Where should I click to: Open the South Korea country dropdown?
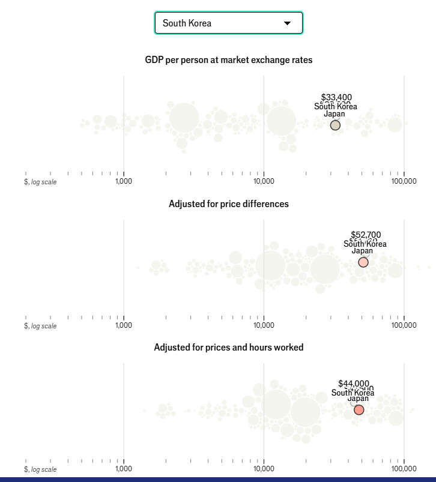[228, 23]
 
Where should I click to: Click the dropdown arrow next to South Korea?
[287, 23]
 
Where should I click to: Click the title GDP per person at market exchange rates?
[228, 60]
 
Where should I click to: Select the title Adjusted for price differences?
[228, 204]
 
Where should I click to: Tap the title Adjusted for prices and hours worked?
[228, 348]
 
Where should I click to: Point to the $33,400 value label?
[336, 97]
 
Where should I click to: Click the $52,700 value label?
[366, 235]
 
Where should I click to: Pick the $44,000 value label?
[354, 383]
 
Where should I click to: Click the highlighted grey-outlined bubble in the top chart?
[335, 125]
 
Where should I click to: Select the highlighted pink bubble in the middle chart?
[363, 262]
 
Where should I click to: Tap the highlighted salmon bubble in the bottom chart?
[359, 410]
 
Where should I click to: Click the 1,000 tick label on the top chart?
[124, 181]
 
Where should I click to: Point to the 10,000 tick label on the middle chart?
[264, 325]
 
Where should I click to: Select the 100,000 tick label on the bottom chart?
[404, 469]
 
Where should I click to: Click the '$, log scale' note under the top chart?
[40, 182]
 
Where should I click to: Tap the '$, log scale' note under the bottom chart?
[40, 469]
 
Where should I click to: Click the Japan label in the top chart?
[335, 114]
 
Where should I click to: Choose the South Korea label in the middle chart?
[365, 244]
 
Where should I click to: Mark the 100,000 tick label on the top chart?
[404, 181]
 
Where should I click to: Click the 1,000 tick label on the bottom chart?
[124, 469]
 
